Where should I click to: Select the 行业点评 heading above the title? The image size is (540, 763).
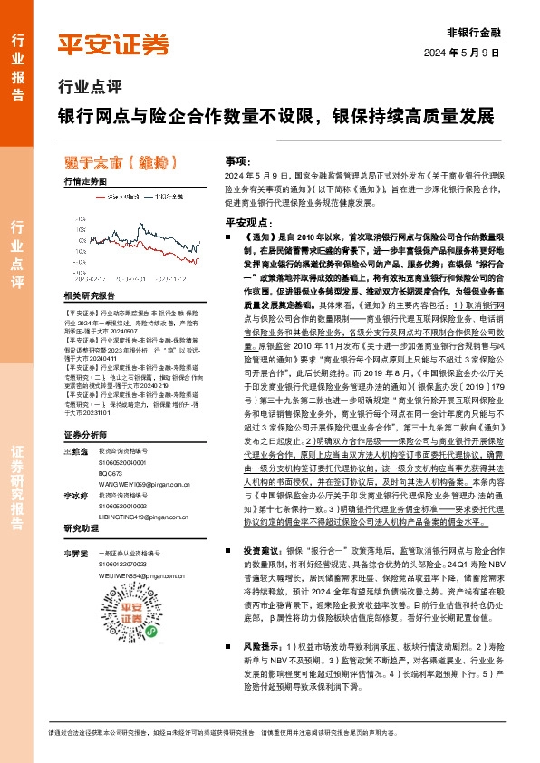[89, 89]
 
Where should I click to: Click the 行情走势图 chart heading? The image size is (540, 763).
[86, 182]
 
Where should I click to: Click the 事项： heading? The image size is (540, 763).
[236, 159]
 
